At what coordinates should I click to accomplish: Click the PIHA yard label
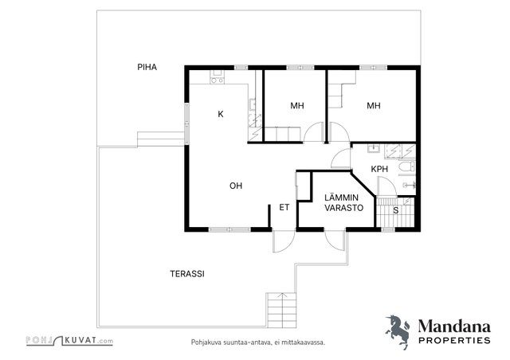[x=147, y=67]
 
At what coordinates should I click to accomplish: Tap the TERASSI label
[x=187, y=274]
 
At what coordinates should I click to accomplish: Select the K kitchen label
[x=221, y=114]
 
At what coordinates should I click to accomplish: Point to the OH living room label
[x=236, y=186]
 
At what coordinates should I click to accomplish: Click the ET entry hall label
[x=284, y=208]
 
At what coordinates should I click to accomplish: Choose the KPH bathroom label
[x=379, y=169]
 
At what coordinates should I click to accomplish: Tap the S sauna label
[x=396, y=210]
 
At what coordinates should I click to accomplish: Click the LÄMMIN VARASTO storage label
[x=343, y=202]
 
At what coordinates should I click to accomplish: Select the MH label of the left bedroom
[x=297, y=106]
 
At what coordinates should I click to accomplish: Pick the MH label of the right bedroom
[x=374, y=106]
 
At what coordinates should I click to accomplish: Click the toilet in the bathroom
[x=407, y=166]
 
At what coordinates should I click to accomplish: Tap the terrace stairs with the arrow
[x=281, y=311]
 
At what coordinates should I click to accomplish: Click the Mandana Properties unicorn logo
[x=398, y=331]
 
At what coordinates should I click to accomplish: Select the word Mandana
[x=454, y=327]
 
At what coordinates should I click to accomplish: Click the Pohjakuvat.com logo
[x=69, y=341]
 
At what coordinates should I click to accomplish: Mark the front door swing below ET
[x=284, y=241]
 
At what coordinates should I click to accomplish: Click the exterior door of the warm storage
[x=335, y=241]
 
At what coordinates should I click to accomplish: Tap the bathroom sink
[x=374, y=149]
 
